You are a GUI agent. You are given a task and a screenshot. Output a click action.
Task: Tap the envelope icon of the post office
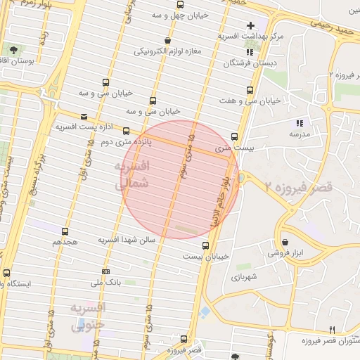(84, 117)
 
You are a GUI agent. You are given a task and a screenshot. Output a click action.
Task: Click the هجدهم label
(65, 241)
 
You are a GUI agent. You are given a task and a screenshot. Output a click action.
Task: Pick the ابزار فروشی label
(284, 252)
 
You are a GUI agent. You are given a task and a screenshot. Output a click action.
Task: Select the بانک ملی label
(106, 283)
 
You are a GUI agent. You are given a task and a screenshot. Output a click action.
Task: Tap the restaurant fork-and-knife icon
(332, 330)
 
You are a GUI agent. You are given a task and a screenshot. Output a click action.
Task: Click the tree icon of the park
(15, 49)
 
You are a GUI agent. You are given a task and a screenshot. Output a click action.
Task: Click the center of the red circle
(179, 179)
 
